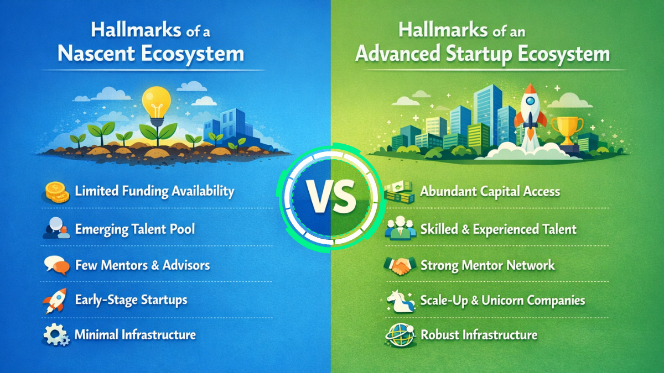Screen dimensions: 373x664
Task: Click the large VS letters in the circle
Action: click(331, 201)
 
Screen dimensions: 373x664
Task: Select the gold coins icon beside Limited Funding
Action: click(56, 193)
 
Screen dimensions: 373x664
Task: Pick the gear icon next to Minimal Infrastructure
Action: click(56, 335)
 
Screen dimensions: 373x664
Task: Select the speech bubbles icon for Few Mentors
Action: click(56, 265)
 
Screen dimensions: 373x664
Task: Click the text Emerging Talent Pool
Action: click(134, 229)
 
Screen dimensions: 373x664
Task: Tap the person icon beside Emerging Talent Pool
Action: click(56, 229)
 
